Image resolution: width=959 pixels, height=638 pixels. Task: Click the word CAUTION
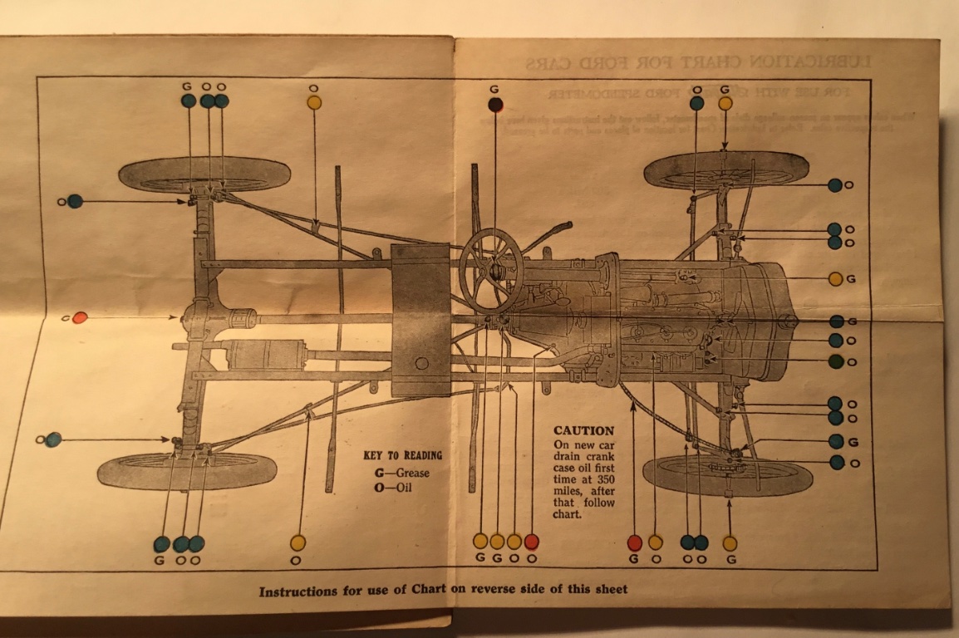[583, 431]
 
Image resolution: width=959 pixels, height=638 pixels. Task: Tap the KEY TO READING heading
[403, 455]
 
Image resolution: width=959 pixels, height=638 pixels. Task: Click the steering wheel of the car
[491, 269]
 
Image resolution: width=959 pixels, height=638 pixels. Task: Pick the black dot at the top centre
[494, 105]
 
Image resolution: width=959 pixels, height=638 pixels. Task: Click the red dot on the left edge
[80, 317]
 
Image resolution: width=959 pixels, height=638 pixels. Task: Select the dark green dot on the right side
[835, 361]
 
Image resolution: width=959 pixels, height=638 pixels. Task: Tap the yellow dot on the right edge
[835, 279]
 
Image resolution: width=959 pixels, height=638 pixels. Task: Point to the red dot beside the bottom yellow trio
[531, 542]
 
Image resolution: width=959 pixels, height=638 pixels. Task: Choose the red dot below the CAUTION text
[634, 542]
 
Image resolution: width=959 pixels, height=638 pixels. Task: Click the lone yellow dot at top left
[314, 103]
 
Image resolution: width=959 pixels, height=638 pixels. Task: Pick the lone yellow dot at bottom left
[298, 542]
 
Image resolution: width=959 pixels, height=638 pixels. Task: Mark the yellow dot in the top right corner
[725, 103]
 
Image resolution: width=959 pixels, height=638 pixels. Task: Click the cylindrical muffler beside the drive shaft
[265, 354]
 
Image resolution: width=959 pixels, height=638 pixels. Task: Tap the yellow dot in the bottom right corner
[730, 543]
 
